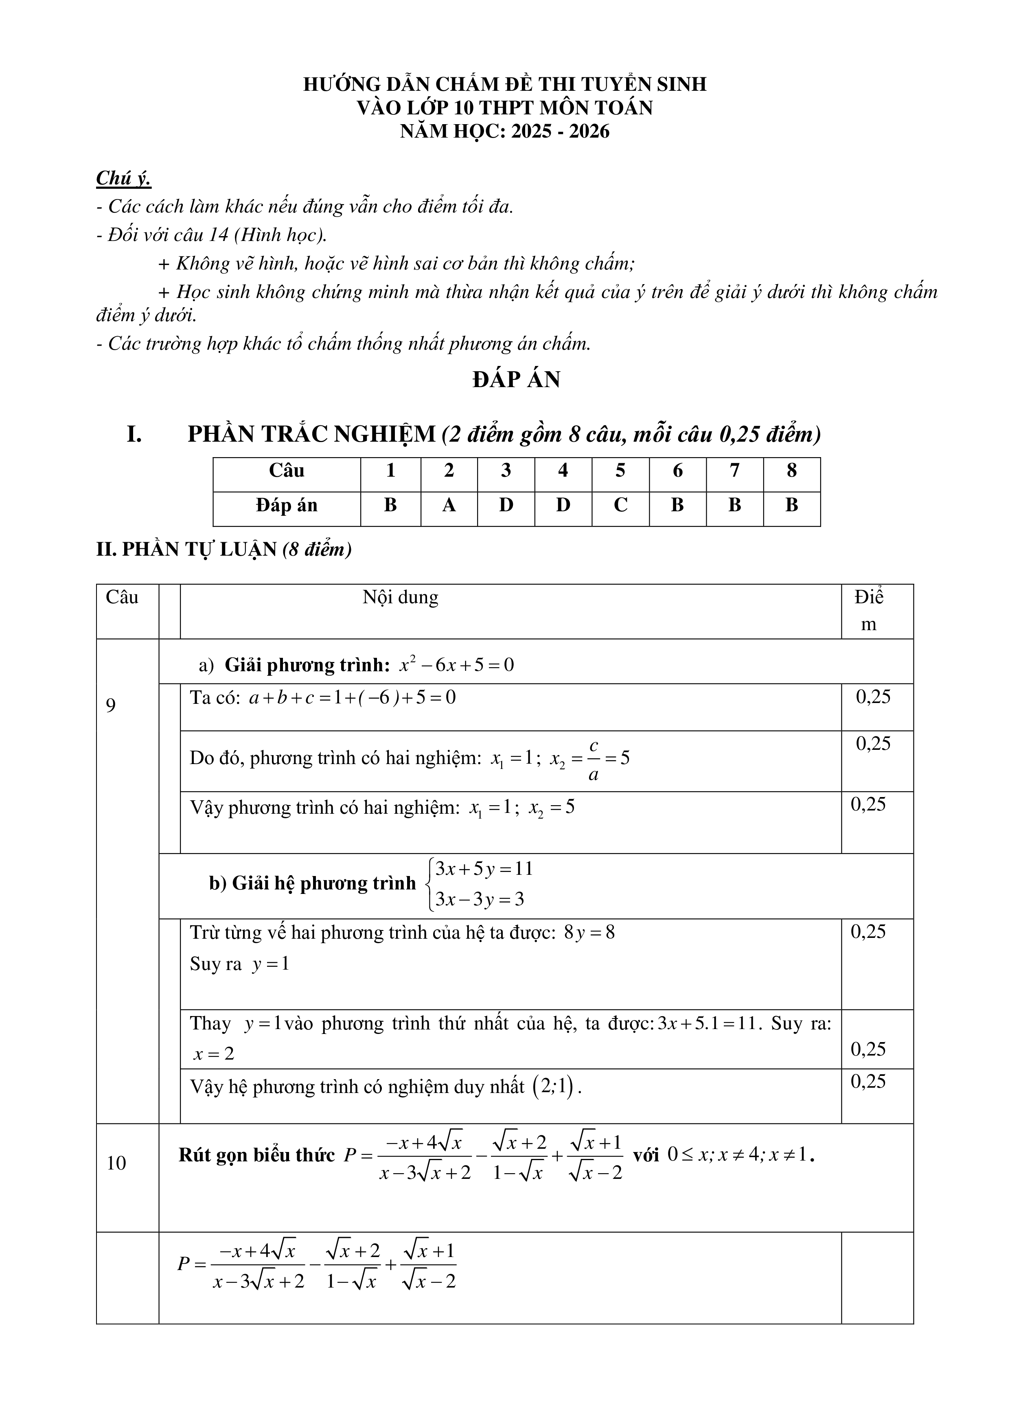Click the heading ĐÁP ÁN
pyautogui.click(x=516, y=379)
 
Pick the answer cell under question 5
pyautogui.click(x=620, y=505)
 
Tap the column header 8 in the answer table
pyautogui.click(x=791, y=470)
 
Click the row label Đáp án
pyautogui.click(x=286, y=505)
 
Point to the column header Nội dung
pyautogui.click(x=401, y=598)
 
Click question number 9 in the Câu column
pyautogui.click(x=111, y=705)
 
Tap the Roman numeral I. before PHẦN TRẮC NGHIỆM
pyautogui.click(x=134, y=434)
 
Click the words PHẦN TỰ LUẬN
pyautogui.click(x=199, y=550)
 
